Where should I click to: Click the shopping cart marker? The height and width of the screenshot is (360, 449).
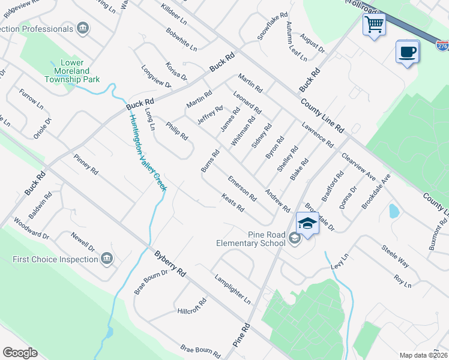tap(374, 25)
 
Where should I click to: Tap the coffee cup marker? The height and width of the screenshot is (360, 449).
tap(407, 52)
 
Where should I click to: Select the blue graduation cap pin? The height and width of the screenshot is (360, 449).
tap(307, 224)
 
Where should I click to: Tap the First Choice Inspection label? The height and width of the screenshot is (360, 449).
tap(55, 259)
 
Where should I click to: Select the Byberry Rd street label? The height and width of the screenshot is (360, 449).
tap(169, 264)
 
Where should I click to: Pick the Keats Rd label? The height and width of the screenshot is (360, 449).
tap(232, 203)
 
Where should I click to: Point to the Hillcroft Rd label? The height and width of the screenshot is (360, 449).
tap(192, 307)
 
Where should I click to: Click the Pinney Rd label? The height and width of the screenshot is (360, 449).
tap(85, 163)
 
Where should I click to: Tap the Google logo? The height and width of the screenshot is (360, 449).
tap(20, 353)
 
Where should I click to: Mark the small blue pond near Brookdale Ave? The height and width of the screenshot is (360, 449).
tap(393, 211)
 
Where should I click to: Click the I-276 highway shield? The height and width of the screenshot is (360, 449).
tap(443, 46)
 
